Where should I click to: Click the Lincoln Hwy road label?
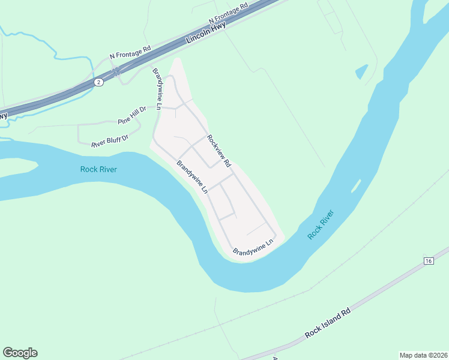(x=206, y=36)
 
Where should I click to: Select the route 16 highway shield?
(x=428, y=260)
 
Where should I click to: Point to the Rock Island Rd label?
(x=327, y=324)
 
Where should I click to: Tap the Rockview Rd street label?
(x=218, y=150)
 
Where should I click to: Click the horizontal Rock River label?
(x=98, y=169)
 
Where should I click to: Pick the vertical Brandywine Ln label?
(x=157, y=89)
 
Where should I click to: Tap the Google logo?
(x=20, y=353)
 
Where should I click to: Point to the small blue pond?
(x=361, y=72)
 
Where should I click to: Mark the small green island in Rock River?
(x=356, y=185)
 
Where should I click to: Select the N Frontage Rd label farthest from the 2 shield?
(x=229, y=13)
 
